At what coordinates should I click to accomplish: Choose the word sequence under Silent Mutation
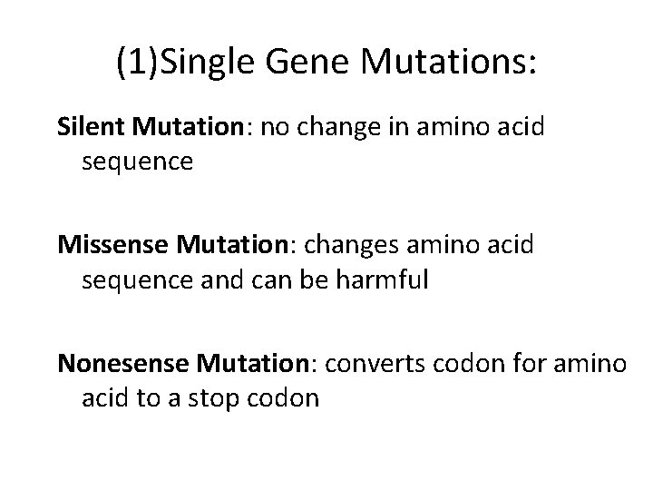tap(137, 162)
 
